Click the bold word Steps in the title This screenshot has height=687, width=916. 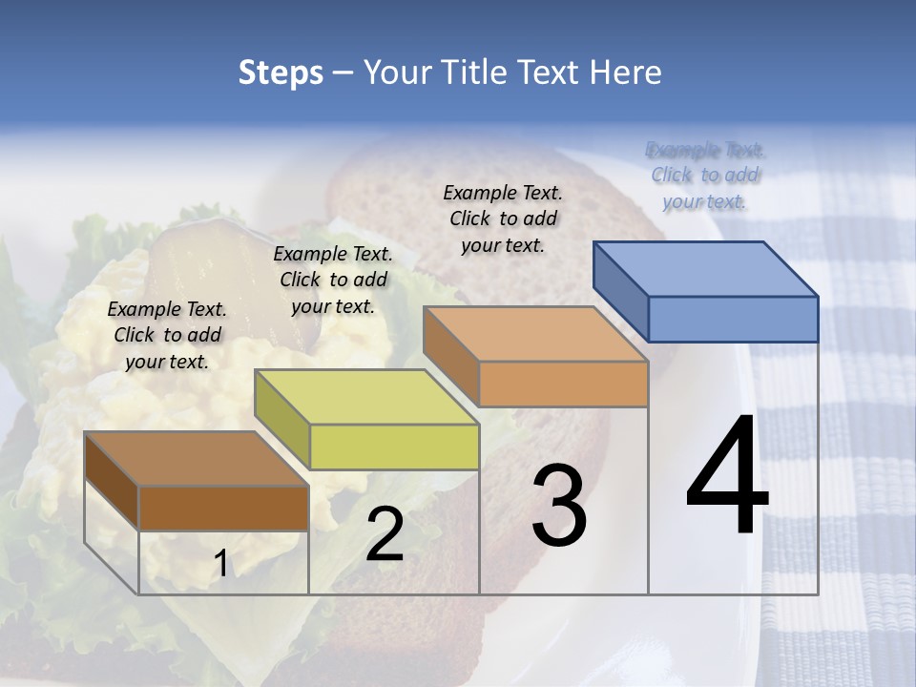coord(281,73)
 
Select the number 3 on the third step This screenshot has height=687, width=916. coord(558,505)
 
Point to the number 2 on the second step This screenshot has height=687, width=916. coord(385,534)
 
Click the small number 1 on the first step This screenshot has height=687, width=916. coord(220,564)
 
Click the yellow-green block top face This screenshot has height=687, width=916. coord(366,397)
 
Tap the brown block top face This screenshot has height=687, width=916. coord(197,459)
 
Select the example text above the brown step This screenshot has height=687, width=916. coord(167,335)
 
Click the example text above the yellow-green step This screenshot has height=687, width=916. coord(333,280)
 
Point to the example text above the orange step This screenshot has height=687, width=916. coord(503,219)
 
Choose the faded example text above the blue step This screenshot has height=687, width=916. coord(705,175)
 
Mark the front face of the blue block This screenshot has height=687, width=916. coord(733,319)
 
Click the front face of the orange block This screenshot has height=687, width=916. coord(563,384)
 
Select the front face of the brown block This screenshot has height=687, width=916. coord(223,508)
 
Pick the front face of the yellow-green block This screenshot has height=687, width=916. coord(394,447)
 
